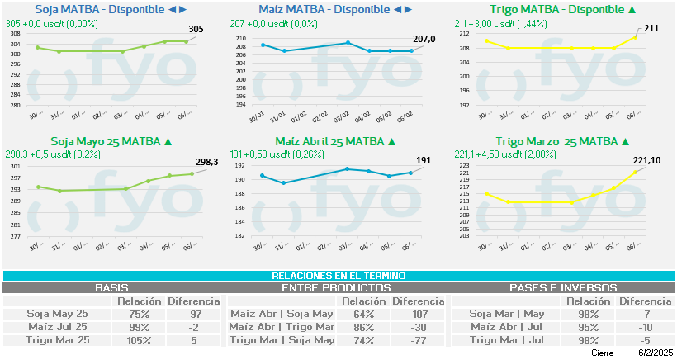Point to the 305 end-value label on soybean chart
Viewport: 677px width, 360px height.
coord(196,29)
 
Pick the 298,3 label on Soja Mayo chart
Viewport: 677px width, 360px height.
coord(206,162)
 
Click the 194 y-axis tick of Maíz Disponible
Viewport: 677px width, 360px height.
coord(240,105)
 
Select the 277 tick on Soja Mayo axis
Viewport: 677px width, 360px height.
coord(16,236)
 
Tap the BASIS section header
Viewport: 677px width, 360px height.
coord(111,288)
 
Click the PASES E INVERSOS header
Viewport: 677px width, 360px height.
coord(563,288)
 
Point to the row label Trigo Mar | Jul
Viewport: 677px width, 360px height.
coord(507,340)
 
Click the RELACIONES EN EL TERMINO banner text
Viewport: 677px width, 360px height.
coord(338,276)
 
